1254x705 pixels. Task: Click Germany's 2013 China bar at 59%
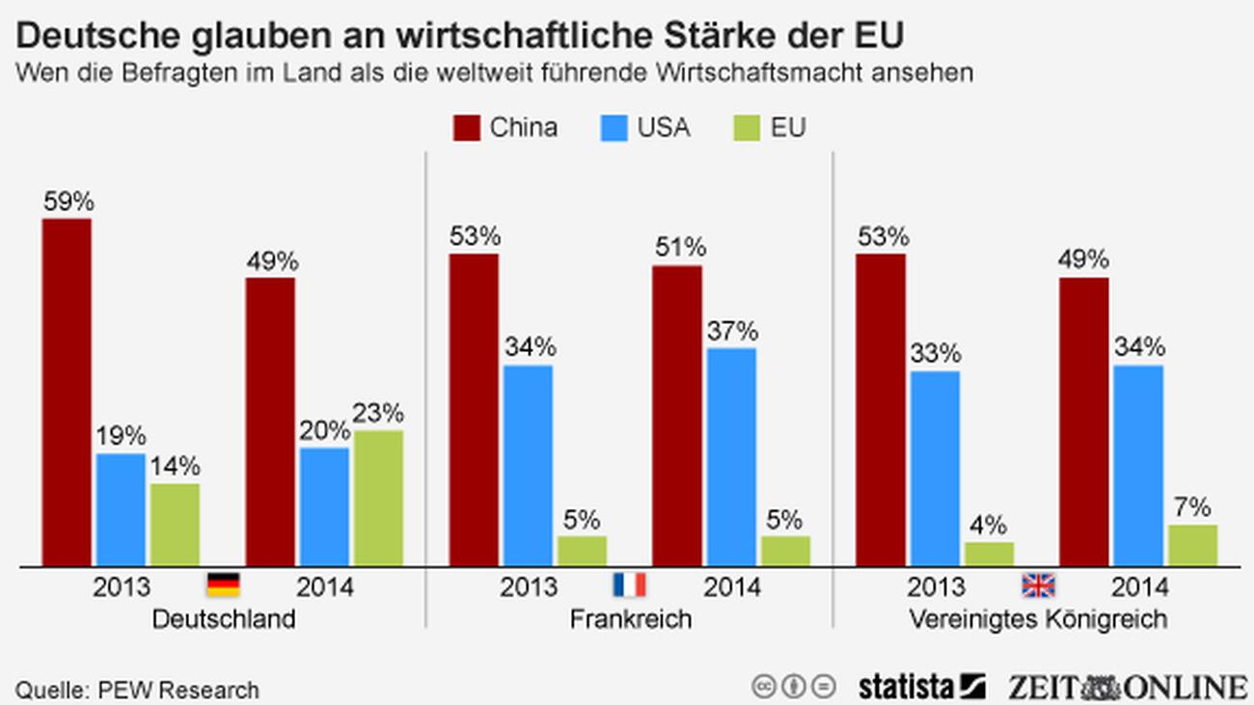(x=67, y=392)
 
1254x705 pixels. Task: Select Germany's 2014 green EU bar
(x=377, y=498)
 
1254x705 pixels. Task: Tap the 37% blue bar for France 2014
(x=731, y=456)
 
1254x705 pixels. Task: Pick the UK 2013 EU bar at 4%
(x=990, y=554)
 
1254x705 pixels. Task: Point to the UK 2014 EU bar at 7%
(x=1192, y=545)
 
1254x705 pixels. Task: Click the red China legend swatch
(x=467, y=128)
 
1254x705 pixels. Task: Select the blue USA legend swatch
(x=614, y=128)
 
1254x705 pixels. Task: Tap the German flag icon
(x=223, y=584)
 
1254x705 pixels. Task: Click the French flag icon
(x=630, y=584)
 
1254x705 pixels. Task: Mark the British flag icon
(x=1038, y=584)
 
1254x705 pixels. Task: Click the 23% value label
(x=378, y=414)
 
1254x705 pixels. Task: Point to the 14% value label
(x=175, y=467)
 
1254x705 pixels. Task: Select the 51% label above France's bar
(x=678, y=248)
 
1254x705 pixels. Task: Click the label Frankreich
(x=630, y=619)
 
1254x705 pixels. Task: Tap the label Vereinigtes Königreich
(x=1038, y=619)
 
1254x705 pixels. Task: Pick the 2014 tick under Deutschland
(x=326, y=586)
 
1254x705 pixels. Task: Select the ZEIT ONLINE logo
(x=1128, y=686)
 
